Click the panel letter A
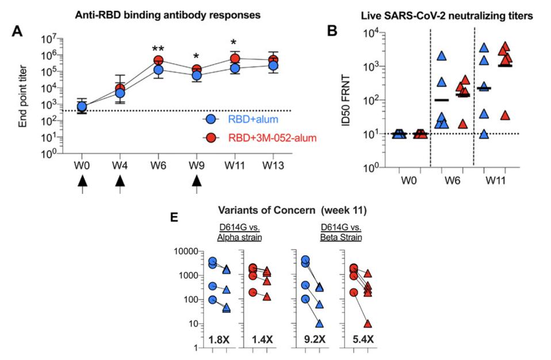pyautogui.click(x=18, y=33)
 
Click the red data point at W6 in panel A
pyautogui.click(x=158, y=60)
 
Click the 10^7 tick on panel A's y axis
pyautogui.click(x=48, y=39)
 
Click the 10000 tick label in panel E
pyautogui.click(x=185, y=252)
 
